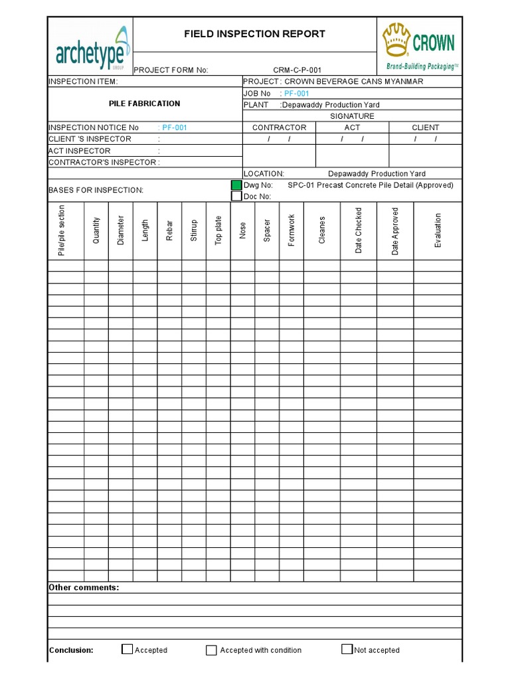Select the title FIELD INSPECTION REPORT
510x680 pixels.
pyautogui.click(x=255, y=34)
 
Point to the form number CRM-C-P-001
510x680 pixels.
pyautogui.click(x=297, y=70)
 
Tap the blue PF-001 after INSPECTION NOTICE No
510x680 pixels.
pyautogui.click(x=173, y=127)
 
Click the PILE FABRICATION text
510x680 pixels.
pyautogui.click(x=144, y=104)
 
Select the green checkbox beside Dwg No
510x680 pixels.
pyautogui.click(x=236, y=185)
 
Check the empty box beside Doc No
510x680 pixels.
pyautogui.click(x=236, y=196)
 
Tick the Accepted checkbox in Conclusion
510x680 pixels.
pyautogui.click(x=127, y=649)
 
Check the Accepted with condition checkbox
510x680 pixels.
pyautogui.click(x=211, y=650)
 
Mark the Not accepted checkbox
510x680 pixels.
pyautogui.click(x=347, y=649)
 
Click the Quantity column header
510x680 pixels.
pyautogui.click(x=96, y=230)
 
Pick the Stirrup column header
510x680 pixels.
pyautogui.click(x=194, y=230)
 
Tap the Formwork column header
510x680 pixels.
pyautogui.click(x=292, y=230)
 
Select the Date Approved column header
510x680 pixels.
pyautogui.click(x=395, y=230)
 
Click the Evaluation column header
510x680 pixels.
pyautogui.click(x=438, y=230)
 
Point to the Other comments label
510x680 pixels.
pyautogui.click(x=84, y=588)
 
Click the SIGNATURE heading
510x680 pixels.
pyautogui.click(x=352, y=116)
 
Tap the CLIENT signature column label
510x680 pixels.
pyautogui.click(x=425, y=127)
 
